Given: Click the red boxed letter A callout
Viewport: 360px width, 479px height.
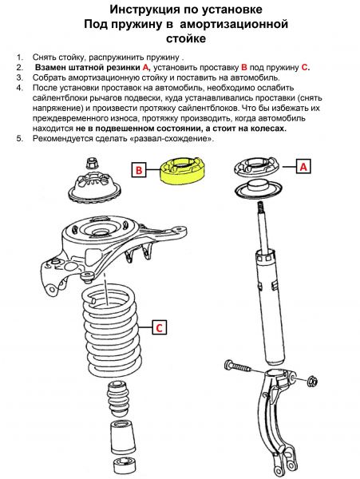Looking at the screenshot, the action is pos(303,167).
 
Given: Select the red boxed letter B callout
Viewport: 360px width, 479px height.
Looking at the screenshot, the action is pos(139,170).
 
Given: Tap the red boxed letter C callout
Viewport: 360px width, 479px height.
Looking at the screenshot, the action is pos(159,328).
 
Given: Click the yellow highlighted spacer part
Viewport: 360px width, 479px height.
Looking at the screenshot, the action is pos(182,171).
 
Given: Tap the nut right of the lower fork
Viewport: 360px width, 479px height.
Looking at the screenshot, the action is pos(312,381).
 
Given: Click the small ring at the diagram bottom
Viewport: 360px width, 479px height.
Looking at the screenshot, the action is pos(124,465).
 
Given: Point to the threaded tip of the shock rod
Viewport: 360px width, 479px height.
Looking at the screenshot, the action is pos(260,208).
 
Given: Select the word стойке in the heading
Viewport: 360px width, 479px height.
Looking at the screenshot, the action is pos(186,39).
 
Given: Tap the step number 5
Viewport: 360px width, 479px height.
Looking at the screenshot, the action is pos(20,138).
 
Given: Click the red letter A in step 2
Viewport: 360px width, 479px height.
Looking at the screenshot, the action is pos(146,67).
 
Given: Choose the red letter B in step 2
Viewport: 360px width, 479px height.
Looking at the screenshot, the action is pos(244,67).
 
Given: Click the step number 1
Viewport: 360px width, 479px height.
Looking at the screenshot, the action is pos(20,57).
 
